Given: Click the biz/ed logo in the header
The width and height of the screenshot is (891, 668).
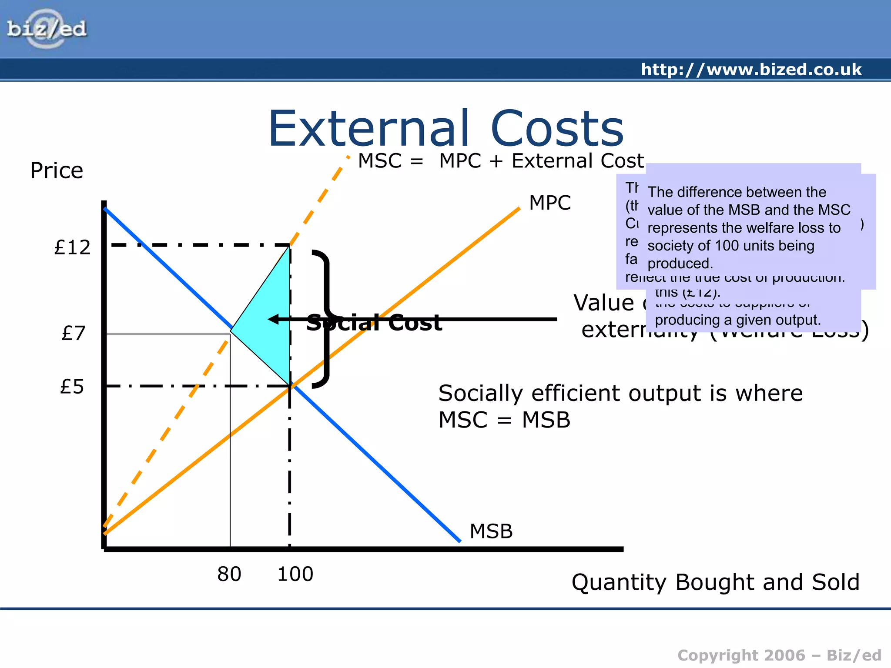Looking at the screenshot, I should [x=47, y=29].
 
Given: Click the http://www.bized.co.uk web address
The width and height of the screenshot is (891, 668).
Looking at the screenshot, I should [x=751, y=70].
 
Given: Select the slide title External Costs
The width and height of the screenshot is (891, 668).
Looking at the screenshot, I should [x=446, y=129].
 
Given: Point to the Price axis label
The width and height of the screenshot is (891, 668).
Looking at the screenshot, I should [x=57, y=170].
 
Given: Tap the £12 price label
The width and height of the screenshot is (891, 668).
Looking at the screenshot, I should [x=72, y=247].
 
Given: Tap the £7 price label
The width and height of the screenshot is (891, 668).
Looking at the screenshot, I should [x=74, y=333].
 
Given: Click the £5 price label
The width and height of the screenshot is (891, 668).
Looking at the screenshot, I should [x=72, y=387].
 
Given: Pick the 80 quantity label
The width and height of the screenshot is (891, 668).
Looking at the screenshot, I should [x=229, y=574].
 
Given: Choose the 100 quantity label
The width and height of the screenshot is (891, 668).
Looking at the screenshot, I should [x=295, y=574].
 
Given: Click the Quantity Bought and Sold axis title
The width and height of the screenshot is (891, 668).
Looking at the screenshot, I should [x=716, y=582].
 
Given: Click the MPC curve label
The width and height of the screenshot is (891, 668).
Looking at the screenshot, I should [x=550, y=203].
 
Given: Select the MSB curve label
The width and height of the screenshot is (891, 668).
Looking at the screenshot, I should [x=491, y=531].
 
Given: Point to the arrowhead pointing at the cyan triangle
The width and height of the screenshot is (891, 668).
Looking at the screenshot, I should [x=273, y=319].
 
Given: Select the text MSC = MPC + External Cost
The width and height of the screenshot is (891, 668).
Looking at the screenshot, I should [x=500, y=161].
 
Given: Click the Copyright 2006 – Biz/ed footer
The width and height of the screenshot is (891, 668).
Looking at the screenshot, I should [x=779, y=655].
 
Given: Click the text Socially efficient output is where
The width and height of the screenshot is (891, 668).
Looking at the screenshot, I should [x=620, y=393].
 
